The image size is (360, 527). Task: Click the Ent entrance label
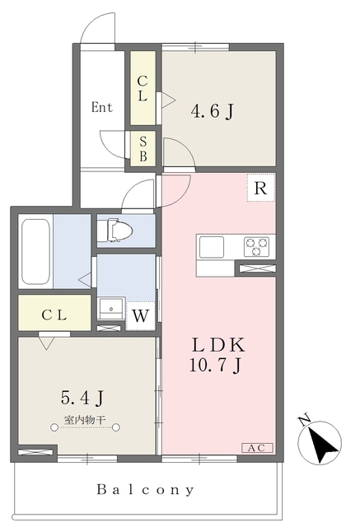(x=102, y=107)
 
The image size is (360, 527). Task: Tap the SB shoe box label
(x=143, y=150)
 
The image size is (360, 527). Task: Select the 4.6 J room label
(x=212, y=110)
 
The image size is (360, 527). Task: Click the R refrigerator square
(x=260, y=189)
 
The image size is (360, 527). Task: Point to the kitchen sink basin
(x=211, y=245)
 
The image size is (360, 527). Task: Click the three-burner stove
(x=257, y=245)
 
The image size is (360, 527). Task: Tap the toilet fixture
(x=117, y=231)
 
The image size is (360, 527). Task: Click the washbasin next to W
(x=110, y=309)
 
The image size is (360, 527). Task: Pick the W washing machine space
(x=142, y=315)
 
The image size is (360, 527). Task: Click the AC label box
(x=256, y=448)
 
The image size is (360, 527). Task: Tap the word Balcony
(x=146, y=490)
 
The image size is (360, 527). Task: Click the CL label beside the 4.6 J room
(x=143, y=88)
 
